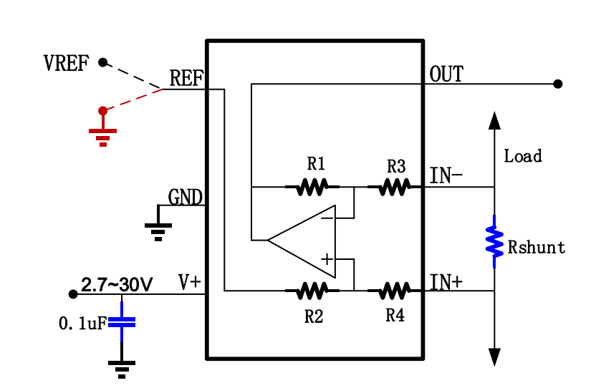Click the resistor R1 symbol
click(312, 188)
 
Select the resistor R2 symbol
click(312, 291)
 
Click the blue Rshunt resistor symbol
click(494, 241)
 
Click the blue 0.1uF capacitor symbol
click(122, 321)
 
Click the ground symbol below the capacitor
click(122, 368)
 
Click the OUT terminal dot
click(558, 84)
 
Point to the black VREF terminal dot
click(102, 62)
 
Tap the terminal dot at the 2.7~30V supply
click(72, 294)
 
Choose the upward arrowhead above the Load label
click(494, 120)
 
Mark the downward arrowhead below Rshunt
click(494, 357)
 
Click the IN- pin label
click(446, 175)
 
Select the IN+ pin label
click(446, 282)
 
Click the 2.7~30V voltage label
click(117, 285)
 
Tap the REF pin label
click(186, 78)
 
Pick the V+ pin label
click(190, 282)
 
